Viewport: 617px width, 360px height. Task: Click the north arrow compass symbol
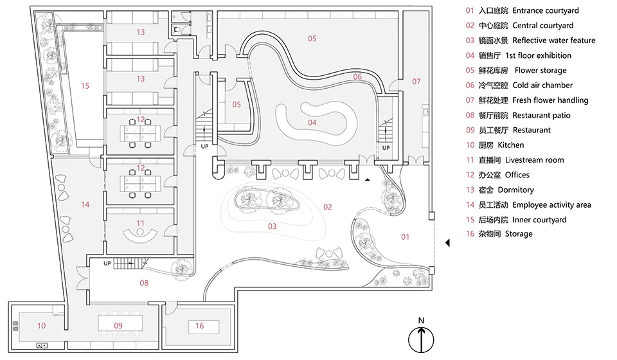point(421,339)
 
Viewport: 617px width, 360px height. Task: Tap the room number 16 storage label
point(199,326)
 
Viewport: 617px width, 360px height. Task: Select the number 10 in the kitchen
point(41,326)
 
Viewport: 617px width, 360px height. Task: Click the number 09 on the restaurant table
point(118,326)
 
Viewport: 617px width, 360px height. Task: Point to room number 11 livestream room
point(141,223)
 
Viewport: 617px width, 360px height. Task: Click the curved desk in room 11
point(140,235)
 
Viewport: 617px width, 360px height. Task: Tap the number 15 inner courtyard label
point(85,85)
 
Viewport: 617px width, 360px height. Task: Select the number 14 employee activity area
point(85,204)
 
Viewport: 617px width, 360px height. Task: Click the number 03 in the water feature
point(273,226)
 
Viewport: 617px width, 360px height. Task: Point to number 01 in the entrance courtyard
point(406,237)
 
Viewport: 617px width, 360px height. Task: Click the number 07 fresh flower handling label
point(416,82)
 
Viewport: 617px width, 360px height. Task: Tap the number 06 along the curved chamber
point(357,76)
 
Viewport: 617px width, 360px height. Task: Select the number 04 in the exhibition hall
point(312,123)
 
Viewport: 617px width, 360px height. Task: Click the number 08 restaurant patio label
point(144,283)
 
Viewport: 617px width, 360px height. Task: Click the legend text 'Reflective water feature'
point(553,40)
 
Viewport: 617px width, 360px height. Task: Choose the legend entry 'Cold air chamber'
point(542,85)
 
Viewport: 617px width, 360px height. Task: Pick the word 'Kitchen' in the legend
point(511,145)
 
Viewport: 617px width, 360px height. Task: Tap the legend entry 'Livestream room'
point(534,160)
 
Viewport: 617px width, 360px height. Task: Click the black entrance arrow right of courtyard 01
point(447,243)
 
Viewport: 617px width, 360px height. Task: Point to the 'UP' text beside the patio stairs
point(107,263)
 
